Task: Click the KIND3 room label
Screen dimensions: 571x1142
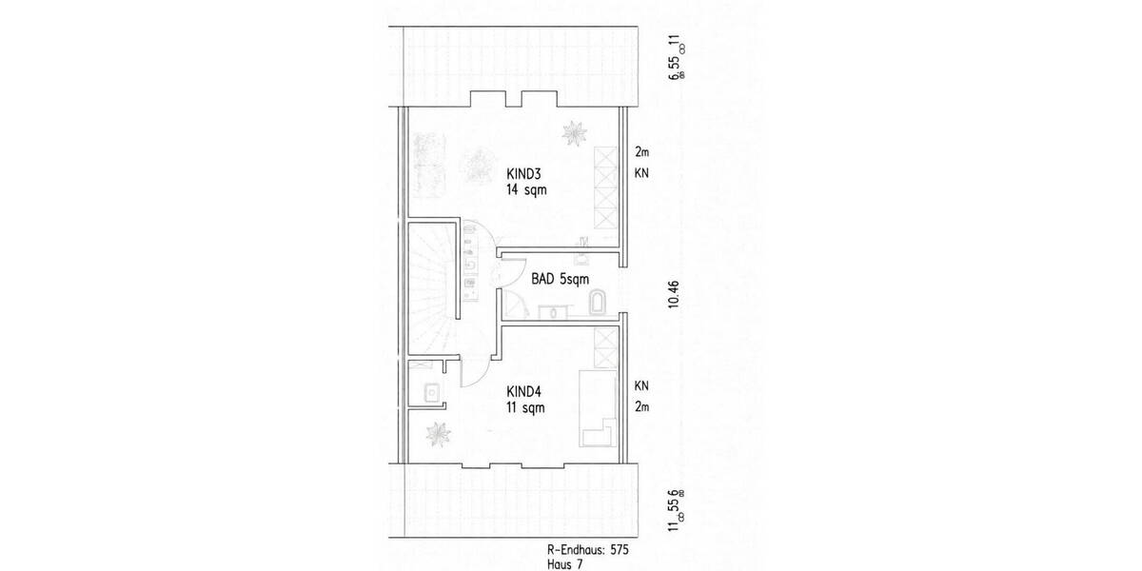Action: (524, 174)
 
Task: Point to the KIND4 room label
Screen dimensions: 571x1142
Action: (524, 391)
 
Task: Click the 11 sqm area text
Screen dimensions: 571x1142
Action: (526, 407)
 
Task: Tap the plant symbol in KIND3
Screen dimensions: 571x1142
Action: (574, 133)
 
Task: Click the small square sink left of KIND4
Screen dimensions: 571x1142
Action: (431, 390)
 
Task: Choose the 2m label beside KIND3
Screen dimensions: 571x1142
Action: (641, 152)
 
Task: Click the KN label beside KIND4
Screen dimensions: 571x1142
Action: (641, 385)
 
